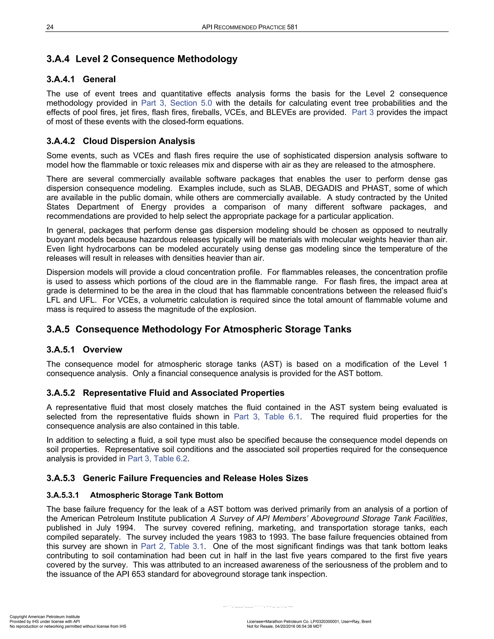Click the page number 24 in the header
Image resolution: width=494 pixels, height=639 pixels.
pos(50,27)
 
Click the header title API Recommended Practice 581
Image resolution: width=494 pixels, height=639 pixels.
pos(249,27)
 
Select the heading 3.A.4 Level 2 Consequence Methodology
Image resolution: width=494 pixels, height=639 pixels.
pos(142,59)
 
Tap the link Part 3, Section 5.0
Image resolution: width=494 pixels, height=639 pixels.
pos(177,103)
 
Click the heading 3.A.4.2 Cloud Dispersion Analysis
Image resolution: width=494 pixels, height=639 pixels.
pos(121,141)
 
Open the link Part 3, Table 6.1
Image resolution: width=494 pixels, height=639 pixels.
pos(267,417)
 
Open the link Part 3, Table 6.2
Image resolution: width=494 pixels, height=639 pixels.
pos(158,458)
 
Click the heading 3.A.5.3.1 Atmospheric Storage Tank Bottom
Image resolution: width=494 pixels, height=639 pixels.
pos(135,495)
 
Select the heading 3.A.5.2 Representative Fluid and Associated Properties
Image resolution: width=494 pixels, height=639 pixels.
pos(165,393)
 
